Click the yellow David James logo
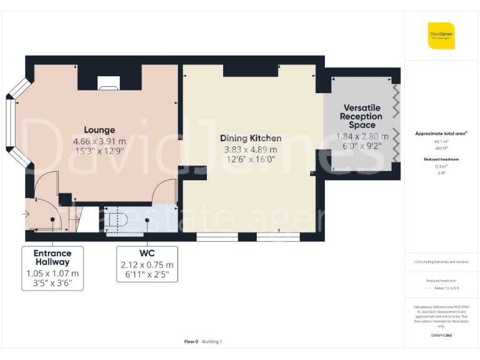pyautogui.click(x=441, y=36)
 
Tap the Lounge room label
pyautogui.click(x=99, y=130)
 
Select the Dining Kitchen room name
pyautogui.click(x=250, y=138)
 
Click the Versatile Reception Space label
pyautogui.click(x=361, y=116)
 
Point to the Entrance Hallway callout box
pyautogui.click(x=52, y=268)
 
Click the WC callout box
pyautogui.click(x=147, y=264)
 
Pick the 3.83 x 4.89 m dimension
pyautogui.click(x=250, y=149)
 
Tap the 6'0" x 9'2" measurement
pyautogui.click(x=363, y=146)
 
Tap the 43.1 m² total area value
pyautogui.click(x=441, y=141)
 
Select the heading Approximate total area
pyautogui.click(x=441, y=134)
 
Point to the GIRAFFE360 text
pyautogui.click(x=441, y=336)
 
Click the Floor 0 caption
pyautogui.click(x=191, y=341)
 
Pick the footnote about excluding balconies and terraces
pyautogui.click(x=441, y=262)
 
